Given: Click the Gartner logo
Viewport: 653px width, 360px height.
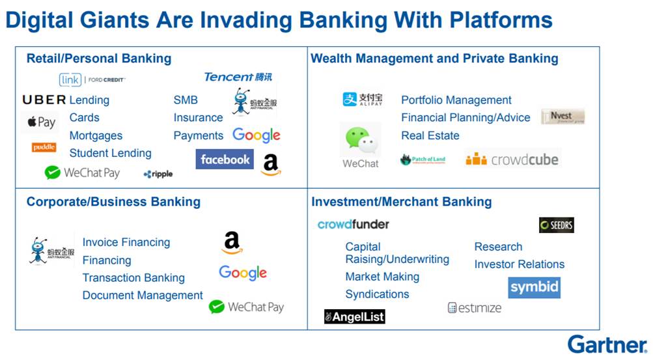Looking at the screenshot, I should (607, 344).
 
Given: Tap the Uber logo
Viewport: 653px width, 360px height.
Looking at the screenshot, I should (44, 100).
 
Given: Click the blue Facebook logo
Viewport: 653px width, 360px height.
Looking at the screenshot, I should (225, 159).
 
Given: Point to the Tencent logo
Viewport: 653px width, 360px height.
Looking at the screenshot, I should (238, 77).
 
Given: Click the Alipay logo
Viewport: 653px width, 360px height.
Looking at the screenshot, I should (363, 100).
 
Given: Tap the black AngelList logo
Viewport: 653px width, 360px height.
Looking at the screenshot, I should (355, 316).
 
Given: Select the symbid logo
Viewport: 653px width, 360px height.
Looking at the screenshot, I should (534, 287).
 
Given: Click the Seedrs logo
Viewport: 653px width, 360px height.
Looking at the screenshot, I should (556, 225).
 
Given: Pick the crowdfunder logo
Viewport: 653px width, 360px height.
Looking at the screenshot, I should (353, 224).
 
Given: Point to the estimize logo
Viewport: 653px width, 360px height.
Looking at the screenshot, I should (475, 308).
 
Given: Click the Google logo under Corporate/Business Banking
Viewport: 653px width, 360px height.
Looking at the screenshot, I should (243, 273).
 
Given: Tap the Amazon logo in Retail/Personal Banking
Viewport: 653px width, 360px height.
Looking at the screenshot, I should (271, 165).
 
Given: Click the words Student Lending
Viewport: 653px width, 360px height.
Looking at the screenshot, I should (110, 153).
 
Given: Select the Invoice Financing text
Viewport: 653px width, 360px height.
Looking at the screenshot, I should (126, 242).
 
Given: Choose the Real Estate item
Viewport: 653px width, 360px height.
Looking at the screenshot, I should (430, 135).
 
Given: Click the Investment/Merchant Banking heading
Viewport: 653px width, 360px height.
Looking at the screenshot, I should (401, 202).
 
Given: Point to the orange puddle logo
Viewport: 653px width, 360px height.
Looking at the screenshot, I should (44, 147).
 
